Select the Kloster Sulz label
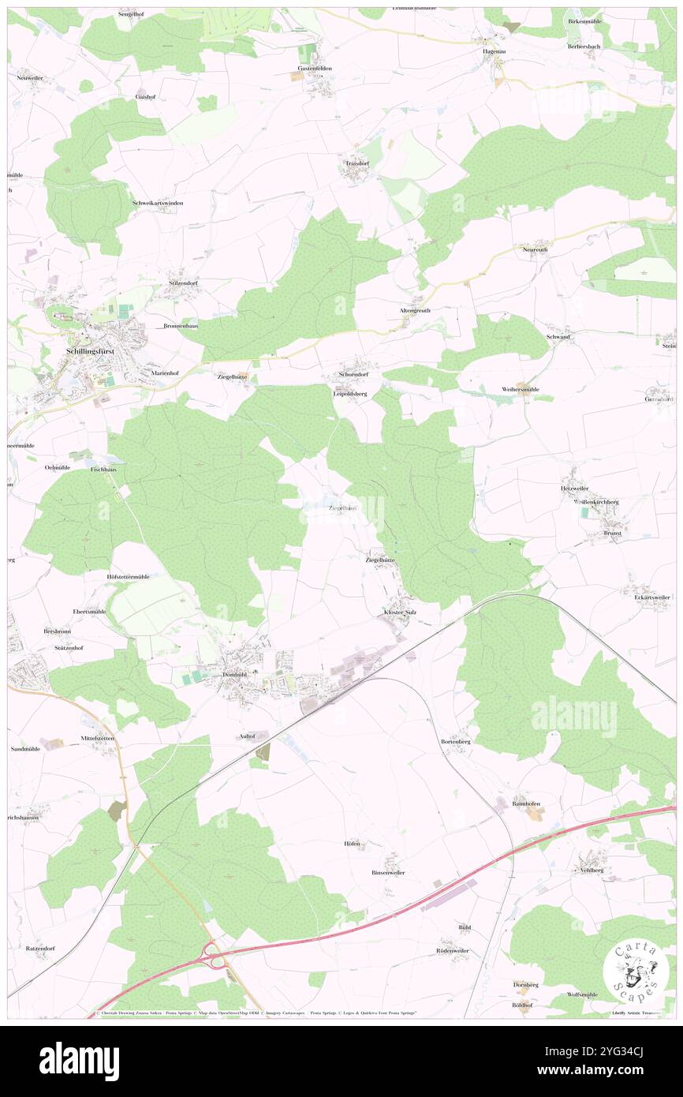click(x=400, y=612)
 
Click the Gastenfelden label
click(x=315, y=69)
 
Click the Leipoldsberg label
click(x=351, y=393)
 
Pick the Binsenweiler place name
click(x=388, y=873)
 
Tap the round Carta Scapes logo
click(x=634, y=972)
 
